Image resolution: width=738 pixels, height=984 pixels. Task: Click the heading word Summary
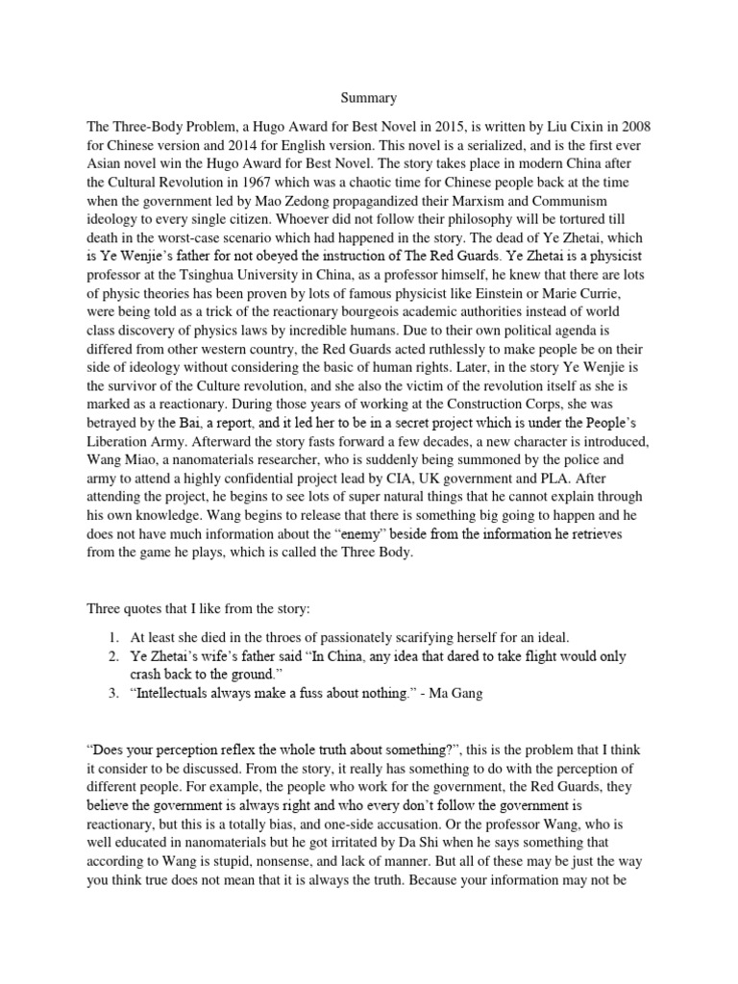[369, 97]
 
